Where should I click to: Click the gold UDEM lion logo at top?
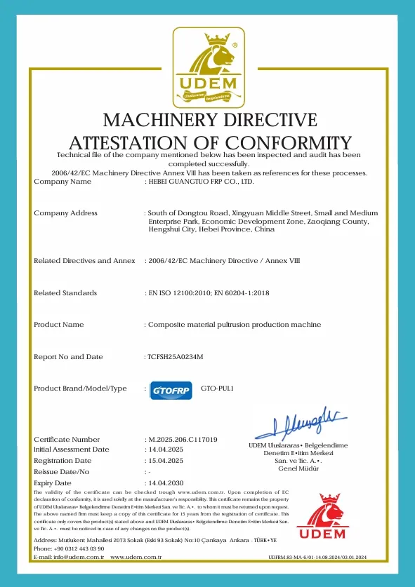point(209,67)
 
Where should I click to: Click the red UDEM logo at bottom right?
point(322,518)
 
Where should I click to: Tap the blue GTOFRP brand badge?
point(171,389)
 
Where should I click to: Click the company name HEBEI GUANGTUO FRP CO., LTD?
point(200,182)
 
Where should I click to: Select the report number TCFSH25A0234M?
point(175,357)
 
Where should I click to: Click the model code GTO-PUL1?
point(216,388)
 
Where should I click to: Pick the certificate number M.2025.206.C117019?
point(182,439)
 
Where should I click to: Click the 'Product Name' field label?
point(59,325)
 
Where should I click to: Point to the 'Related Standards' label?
point(65,292)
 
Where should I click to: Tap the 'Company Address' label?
point(65,212)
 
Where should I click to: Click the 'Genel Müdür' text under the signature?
point(298,468)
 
